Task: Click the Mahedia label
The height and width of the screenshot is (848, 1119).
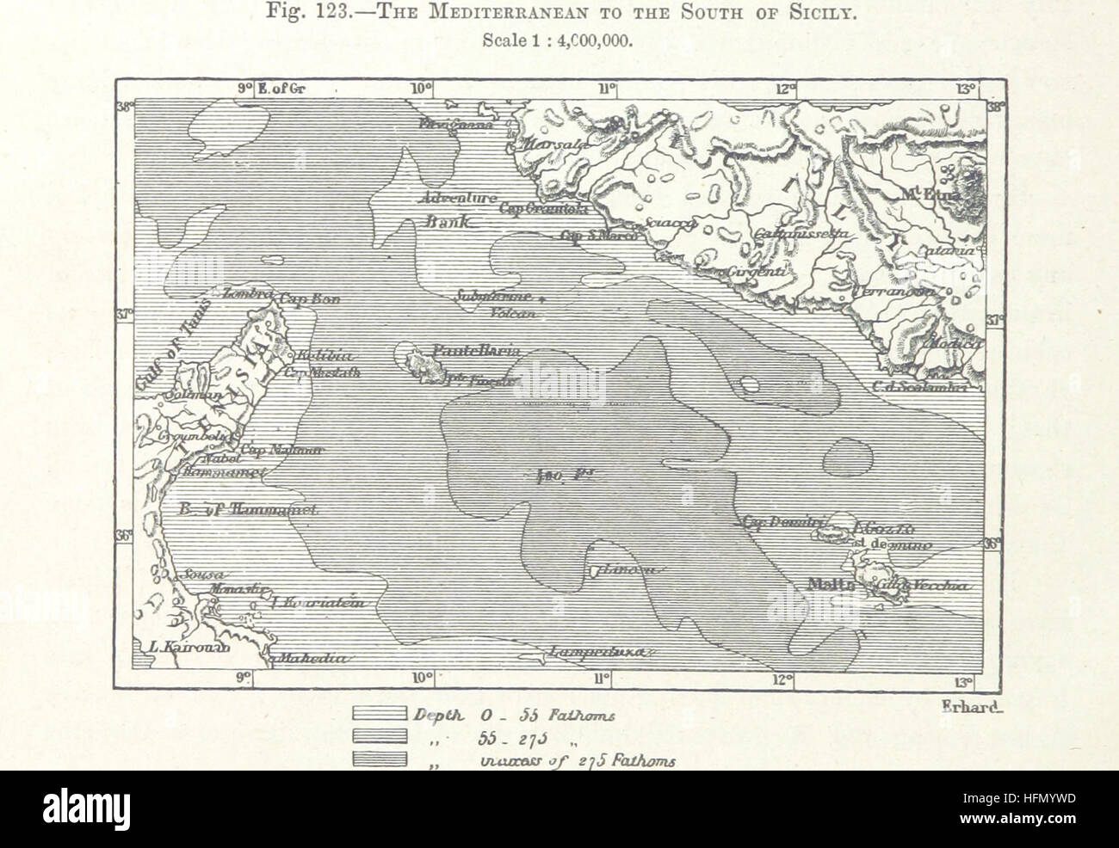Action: tap(310, 659)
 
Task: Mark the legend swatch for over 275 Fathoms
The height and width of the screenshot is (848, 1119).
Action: tap(379, 758)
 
